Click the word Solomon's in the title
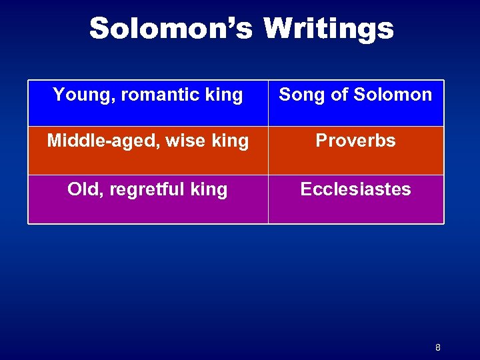point(171,29)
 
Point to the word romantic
point(155,95)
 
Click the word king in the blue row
point(224,95)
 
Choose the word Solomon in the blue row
point(393,95)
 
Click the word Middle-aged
point(95,141)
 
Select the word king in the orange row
point(230,141)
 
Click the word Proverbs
point(355,141)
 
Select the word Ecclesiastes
point(355,189)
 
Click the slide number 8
point(438,347)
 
